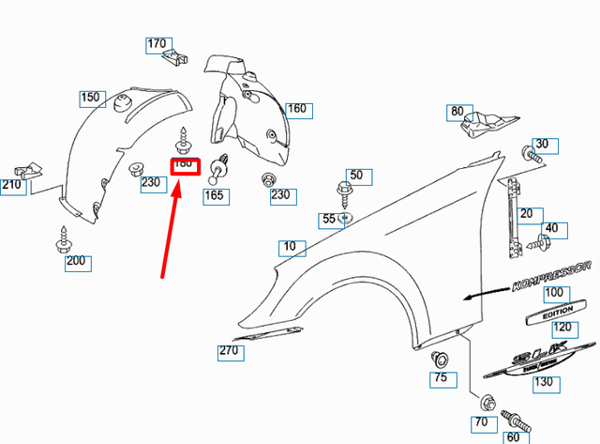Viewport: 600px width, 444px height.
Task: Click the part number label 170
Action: (x=157, y=43)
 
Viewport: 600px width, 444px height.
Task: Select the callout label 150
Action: (x=90, y=97)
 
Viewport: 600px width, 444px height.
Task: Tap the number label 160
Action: (x=296, y=109)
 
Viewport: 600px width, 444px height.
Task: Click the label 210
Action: (x=12, y=186)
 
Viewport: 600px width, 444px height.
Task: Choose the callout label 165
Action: (x=215, y=195)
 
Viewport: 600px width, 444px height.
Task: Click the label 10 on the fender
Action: (x=292, y=248)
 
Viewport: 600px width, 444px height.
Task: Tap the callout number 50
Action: (x=355, y=176)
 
